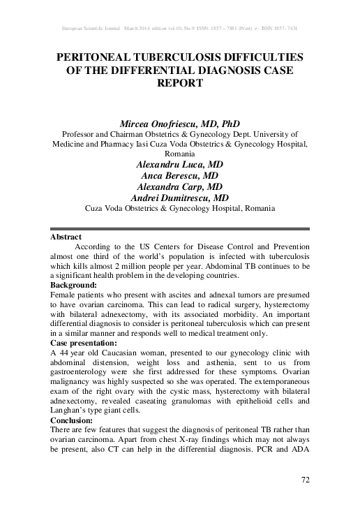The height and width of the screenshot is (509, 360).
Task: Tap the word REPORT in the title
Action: coord(180,82)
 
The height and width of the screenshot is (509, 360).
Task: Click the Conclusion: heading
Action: coord(73,421)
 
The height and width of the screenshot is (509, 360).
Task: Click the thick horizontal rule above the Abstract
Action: coord(180,228)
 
